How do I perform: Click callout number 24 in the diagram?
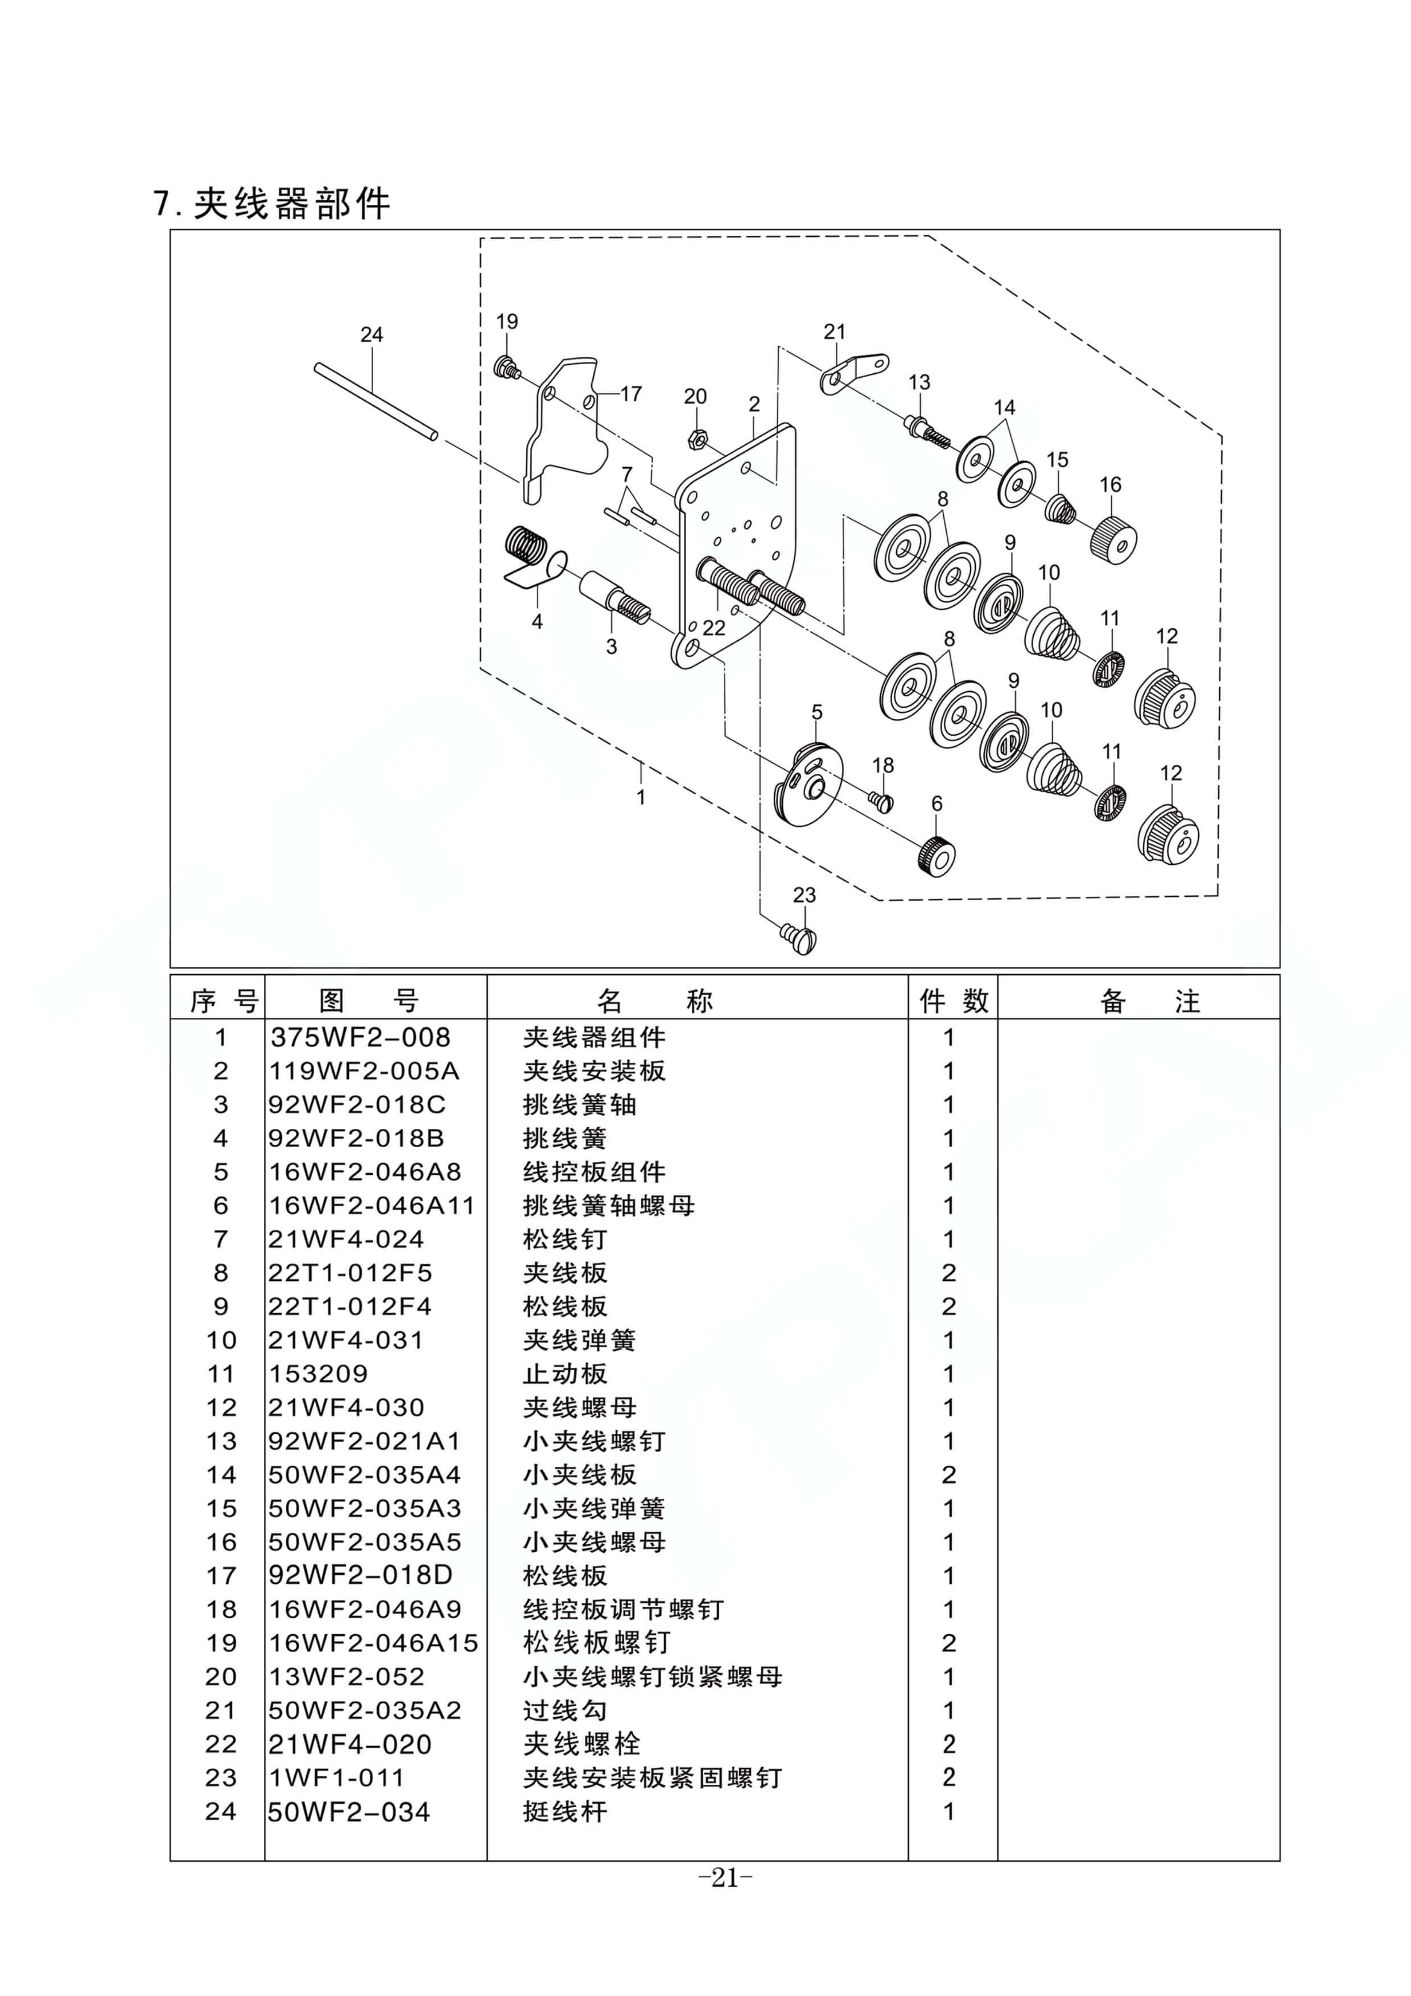click(371, 335)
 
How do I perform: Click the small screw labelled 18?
click(881, 800)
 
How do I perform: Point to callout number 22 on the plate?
click(714, 628)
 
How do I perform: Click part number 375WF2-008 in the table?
click(360, 1037)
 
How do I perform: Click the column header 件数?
click(953, 1001)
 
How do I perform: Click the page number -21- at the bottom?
click(725, 1878)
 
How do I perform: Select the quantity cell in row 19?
click(948, 1643)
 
